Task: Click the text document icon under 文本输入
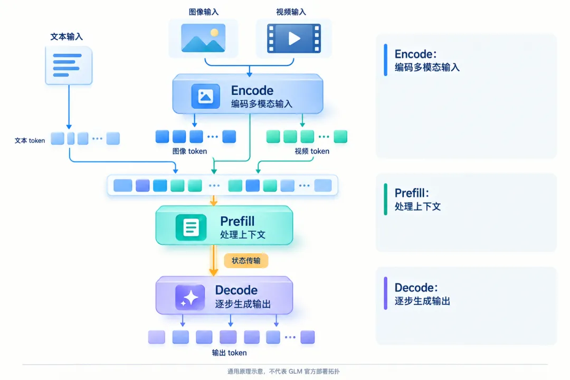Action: pyautogui.click(x=69, y=65)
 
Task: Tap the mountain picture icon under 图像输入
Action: pyautogui.click(x=203, y=38)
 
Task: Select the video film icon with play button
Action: pyautogui.click(x=294, y=38)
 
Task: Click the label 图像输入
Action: pyautogui.click(x=204, y=12)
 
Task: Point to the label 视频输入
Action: pyautogui.click(x=291, y=12)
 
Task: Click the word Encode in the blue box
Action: pyautogui.click(x=252, y=90)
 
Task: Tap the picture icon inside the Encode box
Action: pyautogui.click(x=206, y=97)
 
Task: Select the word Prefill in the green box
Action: pyautogui.click(x=237, y=221)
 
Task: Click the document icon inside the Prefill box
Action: pyautogui.click(x=191, y=227)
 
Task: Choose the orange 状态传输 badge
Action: pyautogui.click(x=246, y=261)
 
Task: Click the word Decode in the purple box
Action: pyautogui.click(x=236, y=290)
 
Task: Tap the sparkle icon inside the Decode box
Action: pyautogui.click(x=190, y=298)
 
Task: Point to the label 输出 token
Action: pyautogui.click(x=230, y=353)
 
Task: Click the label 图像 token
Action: pyautogui.click(x=190, y=151)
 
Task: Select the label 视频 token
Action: pyautogui.click(x=312, y=151)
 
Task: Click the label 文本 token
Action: pyautogui.click(x=30, y=141)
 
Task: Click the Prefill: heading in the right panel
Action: pyautogui.click(x=412, y=193)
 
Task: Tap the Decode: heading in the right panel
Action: pyautogui.click(x=416, y=288)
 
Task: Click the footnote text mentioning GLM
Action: pyautogui.click(x=283, y=371)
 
